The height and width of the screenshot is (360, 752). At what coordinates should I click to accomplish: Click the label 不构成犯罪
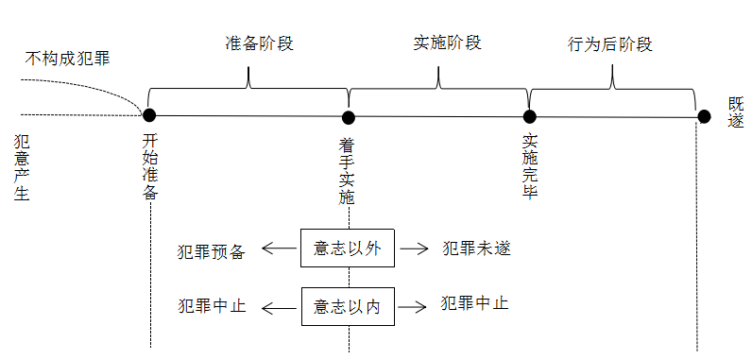click(x=67, y=59)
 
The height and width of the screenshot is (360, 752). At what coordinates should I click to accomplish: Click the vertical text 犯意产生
click(x=22, y=167)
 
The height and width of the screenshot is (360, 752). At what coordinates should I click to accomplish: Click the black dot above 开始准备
click(x=148, y=114)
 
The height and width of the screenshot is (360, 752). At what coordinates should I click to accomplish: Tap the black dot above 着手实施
click(x=349, y=117)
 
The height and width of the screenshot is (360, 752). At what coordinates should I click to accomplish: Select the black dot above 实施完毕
click(x=530, y=116)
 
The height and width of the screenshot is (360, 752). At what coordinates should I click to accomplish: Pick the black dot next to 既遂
click(x=704, y=116)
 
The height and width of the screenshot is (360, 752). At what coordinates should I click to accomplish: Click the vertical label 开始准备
click(x=149, y=166)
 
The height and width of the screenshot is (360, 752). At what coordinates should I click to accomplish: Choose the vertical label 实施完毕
click(x=530, y=166)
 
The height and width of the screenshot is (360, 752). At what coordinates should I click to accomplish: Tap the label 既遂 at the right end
click(x=735, y=113)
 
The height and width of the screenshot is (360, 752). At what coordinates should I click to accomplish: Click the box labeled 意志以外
click(x=347, y=249)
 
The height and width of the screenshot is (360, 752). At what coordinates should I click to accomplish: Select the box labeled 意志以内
click(x=347, y=306)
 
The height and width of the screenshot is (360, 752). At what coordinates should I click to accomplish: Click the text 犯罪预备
click(x=212, y=251)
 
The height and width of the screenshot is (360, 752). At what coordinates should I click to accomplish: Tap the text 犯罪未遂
click(x=477, y=249)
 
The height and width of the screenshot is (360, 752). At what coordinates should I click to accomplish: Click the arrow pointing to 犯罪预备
click(x=278, y=249)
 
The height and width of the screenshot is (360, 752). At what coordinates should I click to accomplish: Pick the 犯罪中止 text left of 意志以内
click(x=212, y=306)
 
